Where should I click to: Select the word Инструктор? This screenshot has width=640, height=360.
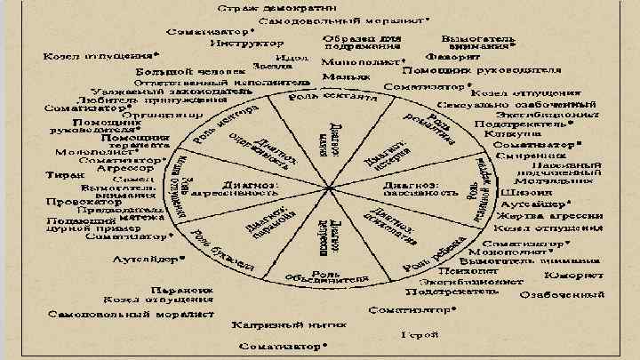(240, 42)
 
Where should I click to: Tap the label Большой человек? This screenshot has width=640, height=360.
(177, 69)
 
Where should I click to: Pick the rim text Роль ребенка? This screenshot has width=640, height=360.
(428, 254)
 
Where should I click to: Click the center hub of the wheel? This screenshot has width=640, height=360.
(328, 188)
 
